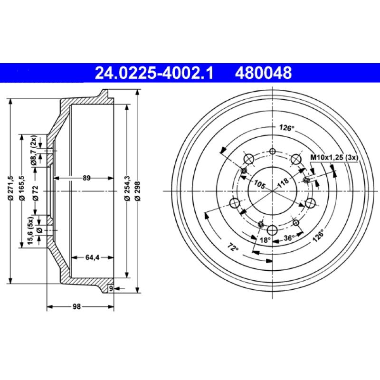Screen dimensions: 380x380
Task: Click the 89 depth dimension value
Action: (86, 178)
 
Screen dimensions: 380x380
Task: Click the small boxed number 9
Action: (111, 288)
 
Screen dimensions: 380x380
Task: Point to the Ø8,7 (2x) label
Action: (34, 151)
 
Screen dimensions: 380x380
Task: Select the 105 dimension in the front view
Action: (259, 184)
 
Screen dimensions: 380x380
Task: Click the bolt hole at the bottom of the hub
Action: (272, 230)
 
